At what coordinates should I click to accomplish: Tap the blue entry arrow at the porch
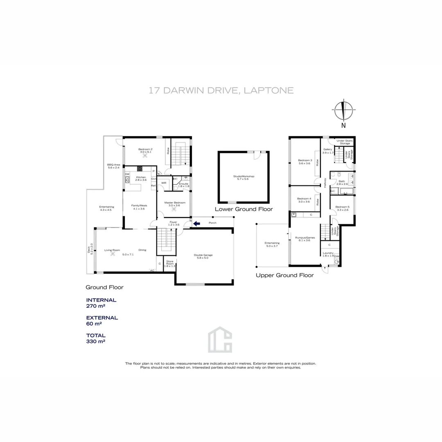pyautogui.click(x=197, y=223)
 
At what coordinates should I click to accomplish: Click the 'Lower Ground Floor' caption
pyautogui.click(x=244, y=209)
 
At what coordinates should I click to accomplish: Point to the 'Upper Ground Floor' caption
pyautogui.click(x=284, y=275)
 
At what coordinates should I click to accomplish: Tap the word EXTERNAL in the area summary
pyautogui.click(x=102, y=318)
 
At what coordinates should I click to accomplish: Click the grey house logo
pyautogui.click(x=220, y=339)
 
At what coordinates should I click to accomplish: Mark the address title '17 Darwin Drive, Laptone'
pyautogui.click(x=221, y=90)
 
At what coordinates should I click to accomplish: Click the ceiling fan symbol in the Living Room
pyautogui.click(x=113, y=254)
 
